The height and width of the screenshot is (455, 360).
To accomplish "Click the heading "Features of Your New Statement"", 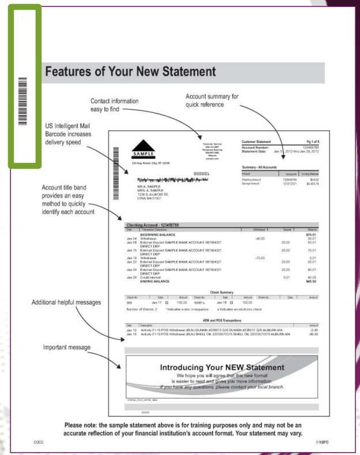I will pyautogui.click(x=130, y=73).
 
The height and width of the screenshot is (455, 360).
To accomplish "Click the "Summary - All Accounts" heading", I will pyautogui.click(x=260, y=167).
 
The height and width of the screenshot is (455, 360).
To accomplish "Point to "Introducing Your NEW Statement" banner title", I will pyautogui.click(x=222, y=367).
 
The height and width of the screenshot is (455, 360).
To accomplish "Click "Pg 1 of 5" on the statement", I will pyautogui.click(x=310, y=140).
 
